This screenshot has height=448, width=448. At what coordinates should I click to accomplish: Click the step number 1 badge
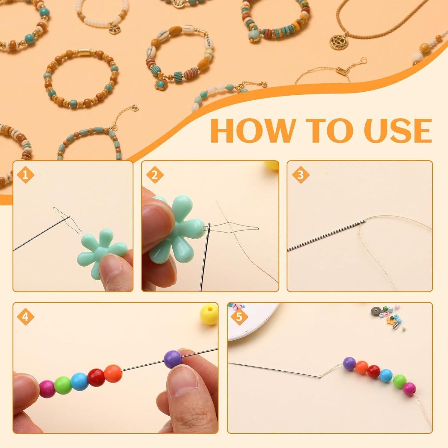(x=25, y=175)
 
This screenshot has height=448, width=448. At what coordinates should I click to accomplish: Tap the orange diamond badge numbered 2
(x=154, y=175)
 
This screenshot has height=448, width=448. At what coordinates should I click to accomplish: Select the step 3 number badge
(x=300, y=175)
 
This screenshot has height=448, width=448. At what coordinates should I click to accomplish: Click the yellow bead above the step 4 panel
(x=208, y=314)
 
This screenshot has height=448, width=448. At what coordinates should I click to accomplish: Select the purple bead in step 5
(x=350, y=363)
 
